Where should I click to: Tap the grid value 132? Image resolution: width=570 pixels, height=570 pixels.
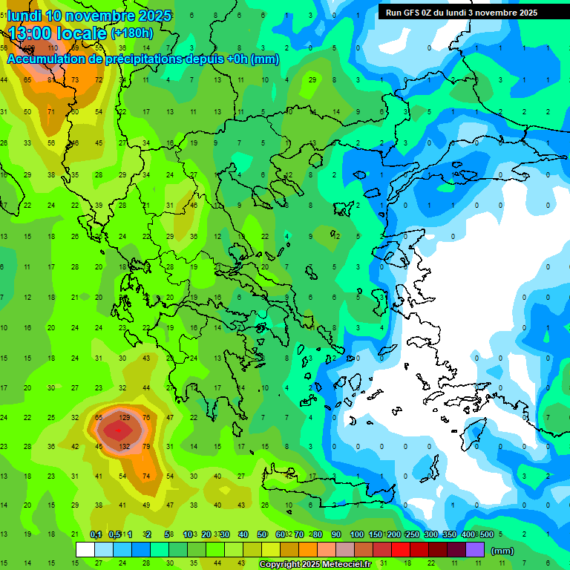pos(125,446)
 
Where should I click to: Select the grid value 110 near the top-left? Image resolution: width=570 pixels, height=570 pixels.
pos(53,49)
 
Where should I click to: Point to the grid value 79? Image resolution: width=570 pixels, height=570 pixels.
pos(146,446)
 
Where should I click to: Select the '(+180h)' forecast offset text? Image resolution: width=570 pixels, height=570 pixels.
pos(133,33)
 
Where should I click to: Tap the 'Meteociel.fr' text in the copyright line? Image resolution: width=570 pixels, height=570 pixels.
pos(347,565)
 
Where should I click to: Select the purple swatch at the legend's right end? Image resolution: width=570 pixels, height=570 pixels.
pos(475,550)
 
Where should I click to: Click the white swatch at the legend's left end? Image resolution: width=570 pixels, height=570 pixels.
pos(85,550)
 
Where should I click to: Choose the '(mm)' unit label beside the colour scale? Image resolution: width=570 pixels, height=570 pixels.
pos(502,551)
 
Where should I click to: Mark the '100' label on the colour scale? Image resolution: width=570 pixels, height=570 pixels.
pos(356,535)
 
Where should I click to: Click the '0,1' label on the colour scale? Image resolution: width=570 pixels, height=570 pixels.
pos(96,535)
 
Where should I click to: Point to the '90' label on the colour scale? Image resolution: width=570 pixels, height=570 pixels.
pos(335,535)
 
